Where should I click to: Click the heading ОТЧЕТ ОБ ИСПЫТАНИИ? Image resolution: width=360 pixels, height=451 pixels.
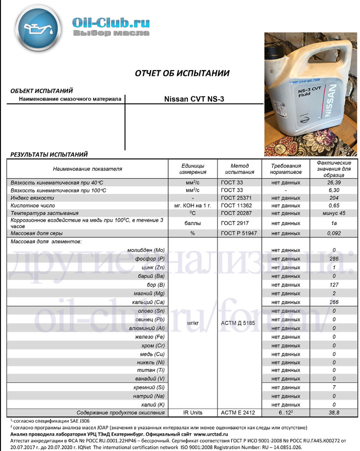pyautogui.click(x=182, y=74)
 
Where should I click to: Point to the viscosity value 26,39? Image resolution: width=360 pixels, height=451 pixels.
pyautogui.click(x=334, y=182)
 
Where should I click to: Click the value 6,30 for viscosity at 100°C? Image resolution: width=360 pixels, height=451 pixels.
pyautogui.click(x=334, y=190)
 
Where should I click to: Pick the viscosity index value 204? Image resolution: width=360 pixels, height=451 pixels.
pyautogui.click(x=334, y=197)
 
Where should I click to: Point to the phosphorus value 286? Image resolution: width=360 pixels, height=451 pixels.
pyautogui.click(x=334, y=259)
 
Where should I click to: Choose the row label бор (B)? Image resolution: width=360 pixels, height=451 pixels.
pyautogui.click(x=153, y=285)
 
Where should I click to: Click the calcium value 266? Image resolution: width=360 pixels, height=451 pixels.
pyautogui.click(x=334, y=302)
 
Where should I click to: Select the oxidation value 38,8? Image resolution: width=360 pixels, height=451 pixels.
pyautogui.click(x=334, y=413)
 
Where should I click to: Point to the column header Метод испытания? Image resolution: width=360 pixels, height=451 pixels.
pyautogui.click(x=239, y=169)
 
